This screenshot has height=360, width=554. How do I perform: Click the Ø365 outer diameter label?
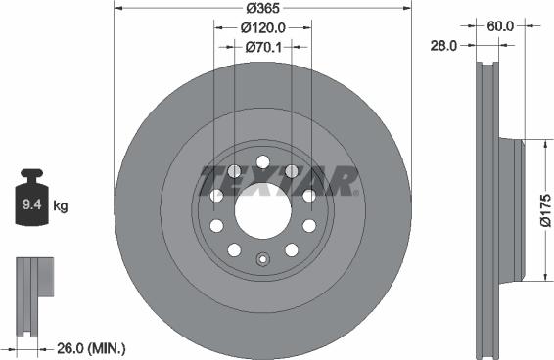click(261, 8)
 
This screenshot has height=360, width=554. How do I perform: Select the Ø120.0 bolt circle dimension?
click(261, 28)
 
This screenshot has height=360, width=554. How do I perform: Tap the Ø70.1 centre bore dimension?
click(261, 45)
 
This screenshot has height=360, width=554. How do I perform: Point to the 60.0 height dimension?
click(500, 26)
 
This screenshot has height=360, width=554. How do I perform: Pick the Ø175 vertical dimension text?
click(544, 209)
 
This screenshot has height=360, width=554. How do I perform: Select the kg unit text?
click(61, 207)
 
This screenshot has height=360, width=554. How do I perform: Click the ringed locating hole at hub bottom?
click(261, 259)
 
